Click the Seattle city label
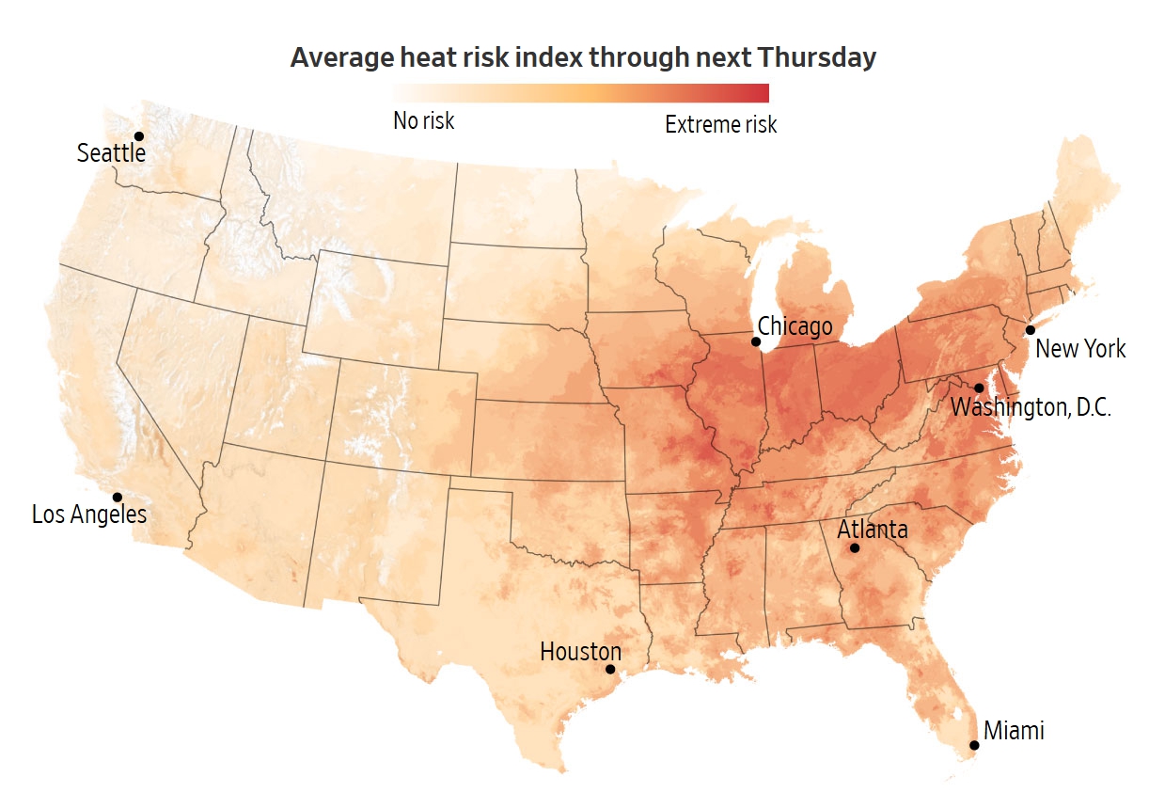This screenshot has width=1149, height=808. [x=111, y=152]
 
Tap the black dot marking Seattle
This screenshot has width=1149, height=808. [x=139, y=136]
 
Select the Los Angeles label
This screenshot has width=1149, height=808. [x=89, y=515]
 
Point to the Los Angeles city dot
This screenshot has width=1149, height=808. [x=118, y=497]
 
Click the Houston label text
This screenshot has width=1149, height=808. [x=580, y=651]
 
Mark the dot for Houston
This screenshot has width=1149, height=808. [x=610, y=670]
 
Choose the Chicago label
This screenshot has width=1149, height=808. [x=795, y=326]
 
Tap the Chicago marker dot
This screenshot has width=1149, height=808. [x=756, y=341]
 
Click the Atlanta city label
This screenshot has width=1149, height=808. [x=873, y=529]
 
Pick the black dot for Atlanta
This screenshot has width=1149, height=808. [x=855, y=547]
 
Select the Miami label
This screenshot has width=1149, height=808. [x=1014, y=730]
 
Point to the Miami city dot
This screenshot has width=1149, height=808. [x=974, y=745]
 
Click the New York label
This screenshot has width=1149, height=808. [x=1080, y=349]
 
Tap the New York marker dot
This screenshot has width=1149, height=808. [x=1031, y=330]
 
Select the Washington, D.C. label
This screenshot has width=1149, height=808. [x=1031, y=408]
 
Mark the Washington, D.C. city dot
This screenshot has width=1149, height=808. [x=979, y=388]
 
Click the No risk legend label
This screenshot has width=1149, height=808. [x=423, y=120]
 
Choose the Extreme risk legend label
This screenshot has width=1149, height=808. [x=721, y=124]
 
